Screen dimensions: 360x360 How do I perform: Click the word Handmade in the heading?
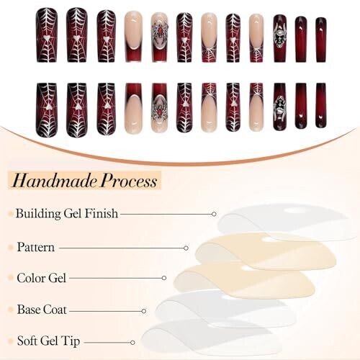[55, 181]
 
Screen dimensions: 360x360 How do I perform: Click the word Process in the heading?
[129, 181]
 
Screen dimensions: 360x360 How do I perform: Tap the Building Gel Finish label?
[67, 213]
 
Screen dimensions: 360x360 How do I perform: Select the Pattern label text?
[36, 247]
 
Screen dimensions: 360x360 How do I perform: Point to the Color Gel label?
[41, 278]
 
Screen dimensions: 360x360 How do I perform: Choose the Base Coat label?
[42, 310]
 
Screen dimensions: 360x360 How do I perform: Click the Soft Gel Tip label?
[48, 341]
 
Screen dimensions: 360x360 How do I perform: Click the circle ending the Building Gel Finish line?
[214, 214]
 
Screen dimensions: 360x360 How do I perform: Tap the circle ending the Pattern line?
[186, 248]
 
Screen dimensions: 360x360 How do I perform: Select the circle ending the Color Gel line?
[164, 278]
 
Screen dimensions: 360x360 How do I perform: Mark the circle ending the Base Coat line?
[144, 311]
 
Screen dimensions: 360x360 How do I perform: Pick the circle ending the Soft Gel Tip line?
[132, 343]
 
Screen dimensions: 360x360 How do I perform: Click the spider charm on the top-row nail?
[160, 35]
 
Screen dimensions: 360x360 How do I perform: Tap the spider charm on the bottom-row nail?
[159, 107]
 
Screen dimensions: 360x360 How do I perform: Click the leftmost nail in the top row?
[47, 35]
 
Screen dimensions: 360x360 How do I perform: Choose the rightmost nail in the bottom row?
[321, 105]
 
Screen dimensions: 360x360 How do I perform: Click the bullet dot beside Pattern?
[10, 248]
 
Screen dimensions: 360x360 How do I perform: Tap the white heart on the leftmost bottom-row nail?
[47, 108]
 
